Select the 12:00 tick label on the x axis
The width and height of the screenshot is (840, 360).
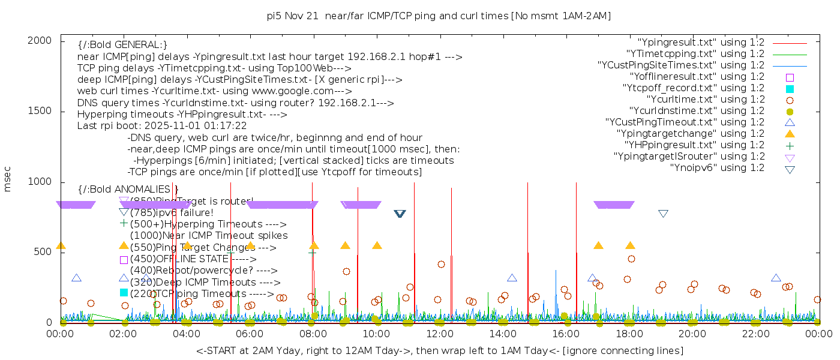[439, 333]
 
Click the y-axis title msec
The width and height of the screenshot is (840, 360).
[8, 179]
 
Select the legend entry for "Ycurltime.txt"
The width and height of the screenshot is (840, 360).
[705, 100]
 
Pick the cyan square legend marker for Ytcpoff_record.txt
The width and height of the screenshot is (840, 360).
[790, 88]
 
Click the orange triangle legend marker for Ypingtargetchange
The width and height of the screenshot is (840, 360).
[790, 133]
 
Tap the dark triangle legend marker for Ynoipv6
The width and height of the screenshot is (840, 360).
[790, 169]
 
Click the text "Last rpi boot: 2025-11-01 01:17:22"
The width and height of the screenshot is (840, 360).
[162, 126]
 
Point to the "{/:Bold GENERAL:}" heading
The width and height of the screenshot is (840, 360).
[122, 45]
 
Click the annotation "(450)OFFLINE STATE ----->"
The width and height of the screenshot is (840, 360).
[193, 259]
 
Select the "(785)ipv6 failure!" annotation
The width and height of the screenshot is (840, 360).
[172, 212]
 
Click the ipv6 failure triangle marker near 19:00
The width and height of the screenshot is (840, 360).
[663, 214]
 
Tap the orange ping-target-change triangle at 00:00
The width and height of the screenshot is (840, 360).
[61, 245]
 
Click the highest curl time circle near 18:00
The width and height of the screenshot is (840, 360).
[631, 259]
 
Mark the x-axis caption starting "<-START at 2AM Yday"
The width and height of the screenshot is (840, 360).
[439, 350]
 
